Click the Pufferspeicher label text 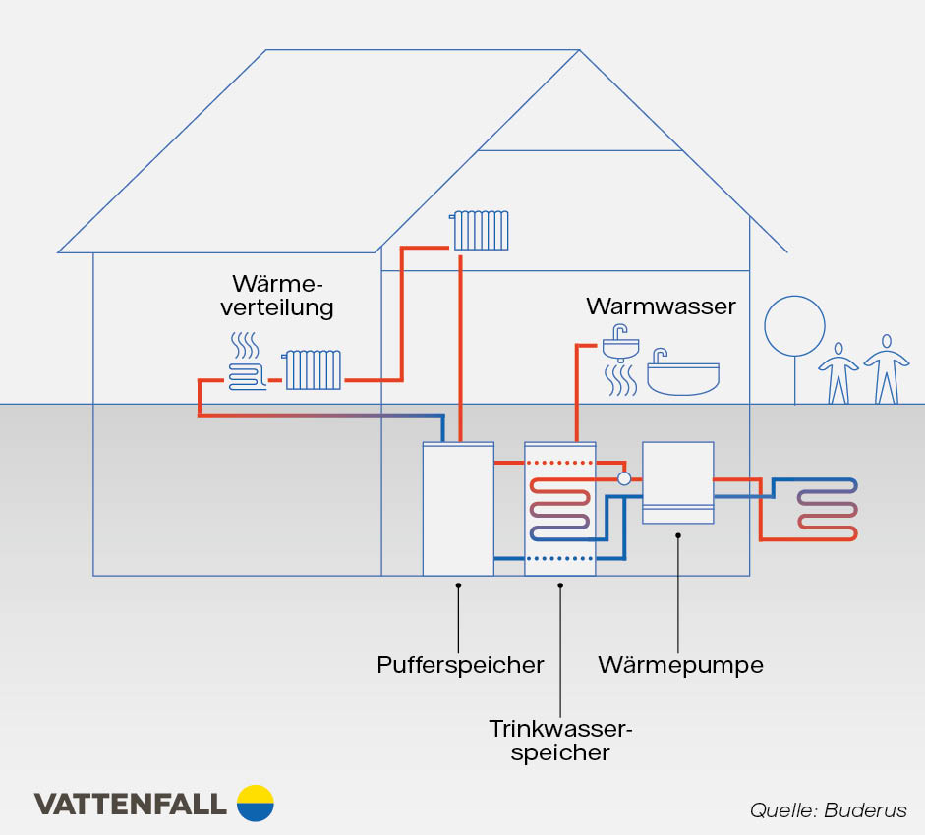(460, 665)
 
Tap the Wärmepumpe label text (680, 665)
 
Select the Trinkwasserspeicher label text (560, 741)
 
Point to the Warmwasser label (661, 306)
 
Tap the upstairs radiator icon (480, 230)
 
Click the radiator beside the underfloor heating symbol (314, 369)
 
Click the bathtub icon (682, 374)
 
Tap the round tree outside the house (794, 325)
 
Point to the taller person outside (886, 369)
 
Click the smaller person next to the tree (838, 373)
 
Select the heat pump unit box (677, 482)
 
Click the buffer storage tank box (458, 508)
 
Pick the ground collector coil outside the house (827, 509)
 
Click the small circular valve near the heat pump (623, 478)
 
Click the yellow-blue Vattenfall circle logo (256, 803)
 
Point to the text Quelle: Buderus (828, 810)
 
